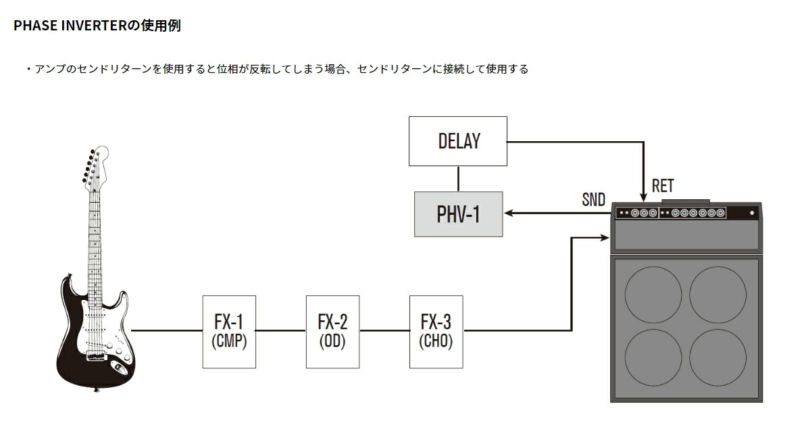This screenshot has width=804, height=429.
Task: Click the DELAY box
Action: [458, 141]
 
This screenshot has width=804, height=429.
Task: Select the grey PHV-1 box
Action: [458, 213]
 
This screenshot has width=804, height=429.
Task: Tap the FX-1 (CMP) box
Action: [229, 331]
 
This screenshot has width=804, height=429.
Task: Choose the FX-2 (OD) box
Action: [332, 331]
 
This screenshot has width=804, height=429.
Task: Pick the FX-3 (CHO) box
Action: [436, 331]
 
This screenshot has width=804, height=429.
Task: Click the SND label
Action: [593, 200]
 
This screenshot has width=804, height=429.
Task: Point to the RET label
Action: [662, 186]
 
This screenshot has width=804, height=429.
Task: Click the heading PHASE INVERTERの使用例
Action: [97, 26]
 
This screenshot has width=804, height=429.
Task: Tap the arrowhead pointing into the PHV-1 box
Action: [508, 213]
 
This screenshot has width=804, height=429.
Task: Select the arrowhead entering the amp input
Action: [606, 237]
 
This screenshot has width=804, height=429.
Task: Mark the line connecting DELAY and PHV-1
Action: [459, 178]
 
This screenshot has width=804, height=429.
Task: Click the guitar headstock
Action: [95, 166]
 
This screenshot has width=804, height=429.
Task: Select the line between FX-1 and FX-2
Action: [280, 331]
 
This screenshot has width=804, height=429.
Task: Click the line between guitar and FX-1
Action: [167, 331]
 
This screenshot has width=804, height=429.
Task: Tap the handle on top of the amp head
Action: [686, 201]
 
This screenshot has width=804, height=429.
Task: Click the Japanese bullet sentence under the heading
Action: [277, 69]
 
